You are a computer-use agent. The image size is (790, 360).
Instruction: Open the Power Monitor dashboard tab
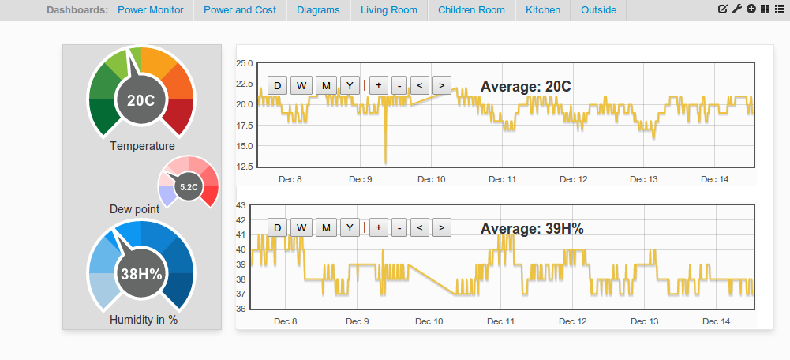(151, 10)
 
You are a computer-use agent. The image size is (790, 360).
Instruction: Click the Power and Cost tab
(240, 10)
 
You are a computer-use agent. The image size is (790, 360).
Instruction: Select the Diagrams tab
(318, 10)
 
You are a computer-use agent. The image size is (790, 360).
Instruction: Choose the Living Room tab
(389, 10)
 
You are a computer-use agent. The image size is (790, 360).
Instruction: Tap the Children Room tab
(472, 10)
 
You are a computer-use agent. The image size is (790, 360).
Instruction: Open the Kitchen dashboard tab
(543, 10)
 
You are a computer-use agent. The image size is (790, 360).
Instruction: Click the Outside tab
(598, 10)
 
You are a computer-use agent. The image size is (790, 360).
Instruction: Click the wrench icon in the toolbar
(736, 9)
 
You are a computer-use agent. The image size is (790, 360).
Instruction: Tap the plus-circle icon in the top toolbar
(751, 9)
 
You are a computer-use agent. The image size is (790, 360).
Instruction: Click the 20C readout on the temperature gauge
(140, 101)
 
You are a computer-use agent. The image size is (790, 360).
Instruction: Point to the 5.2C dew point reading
(189, 187)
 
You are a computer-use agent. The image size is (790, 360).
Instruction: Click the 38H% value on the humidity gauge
(141, 274)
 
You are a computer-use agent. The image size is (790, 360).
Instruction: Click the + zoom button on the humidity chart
(378, 228)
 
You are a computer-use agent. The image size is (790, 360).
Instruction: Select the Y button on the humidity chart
(350, 228)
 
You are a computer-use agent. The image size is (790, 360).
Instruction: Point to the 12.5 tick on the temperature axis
(245, 167)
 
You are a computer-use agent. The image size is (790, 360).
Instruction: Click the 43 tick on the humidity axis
(241, 205)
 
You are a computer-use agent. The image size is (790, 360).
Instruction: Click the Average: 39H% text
(532, 229)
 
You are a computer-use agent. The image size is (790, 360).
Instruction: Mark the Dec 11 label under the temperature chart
(503, 179)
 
